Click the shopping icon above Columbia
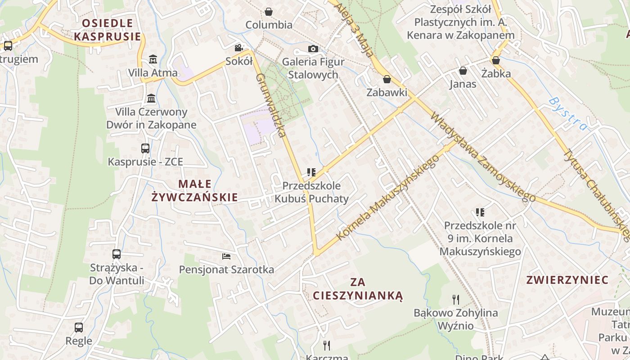point(269,12)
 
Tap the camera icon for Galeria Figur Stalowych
point(313,49)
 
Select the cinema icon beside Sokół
point(238,48)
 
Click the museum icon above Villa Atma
point(153,59)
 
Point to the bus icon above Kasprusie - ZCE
point(145,148)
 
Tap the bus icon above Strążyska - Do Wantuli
point(117,254)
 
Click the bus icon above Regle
point(79,328)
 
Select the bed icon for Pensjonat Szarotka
point(226,256)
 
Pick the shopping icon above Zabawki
point(387,80)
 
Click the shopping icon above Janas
point(463,71)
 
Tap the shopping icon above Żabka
point(496,60)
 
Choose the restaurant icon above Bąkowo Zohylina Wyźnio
point(456,299)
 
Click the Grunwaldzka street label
point(271,105)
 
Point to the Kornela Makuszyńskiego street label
point(387,198)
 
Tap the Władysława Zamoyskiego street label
point(483,157)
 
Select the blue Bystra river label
point(568,113)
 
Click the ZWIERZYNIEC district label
point(567,280)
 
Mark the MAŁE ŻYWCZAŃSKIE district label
point(194,190)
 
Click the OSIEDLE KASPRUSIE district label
point(108,30)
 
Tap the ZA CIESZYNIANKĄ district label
point(358,289)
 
